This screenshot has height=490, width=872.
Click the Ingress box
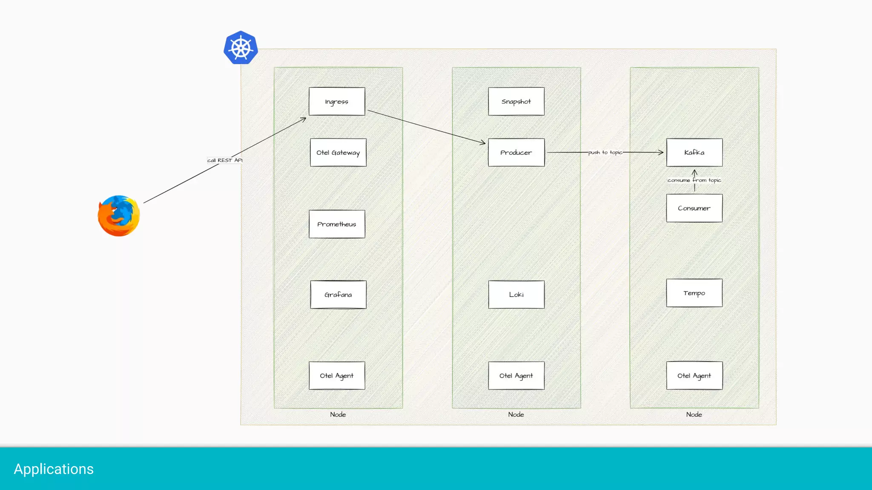point(337,101)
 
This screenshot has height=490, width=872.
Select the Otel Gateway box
point(338,152)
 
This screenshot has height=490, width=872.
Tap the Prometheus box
point(337,224)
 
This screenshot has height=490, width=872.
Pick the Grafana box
point(338,294)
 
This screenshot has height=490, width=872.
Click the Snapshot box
point(516,101)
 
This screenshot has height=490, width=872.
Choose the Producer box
point(516,152)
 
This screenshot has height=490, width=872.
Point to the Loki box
point(516,294)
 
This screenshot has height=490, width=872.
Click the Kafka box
point(694,152)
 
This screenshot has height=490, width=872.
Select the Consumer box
point(694,208)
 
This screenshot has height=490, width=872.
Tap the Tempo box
point(694,293)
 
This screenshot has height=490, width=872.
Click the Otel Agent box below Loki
point(516,376)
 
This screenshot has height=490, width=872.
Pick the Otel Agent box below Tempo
point(694,376)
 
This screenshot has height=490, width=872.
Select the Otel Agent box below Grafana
point(337,376)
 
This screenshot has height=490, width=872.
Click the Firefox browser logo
point(119,216)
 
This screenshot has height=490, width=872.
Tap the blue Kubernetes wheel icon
point(241,48)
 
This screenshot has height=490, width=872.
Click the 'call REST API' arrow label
point(225,160)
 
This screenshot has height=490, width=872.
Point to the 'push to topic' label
point(605,152)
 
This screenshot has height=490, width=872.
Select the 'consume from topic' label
point(694,180)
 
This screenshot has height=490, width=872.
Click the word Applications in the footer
point(54,469)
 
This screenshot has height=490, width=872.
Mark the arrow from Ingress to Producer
point(426,127)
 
